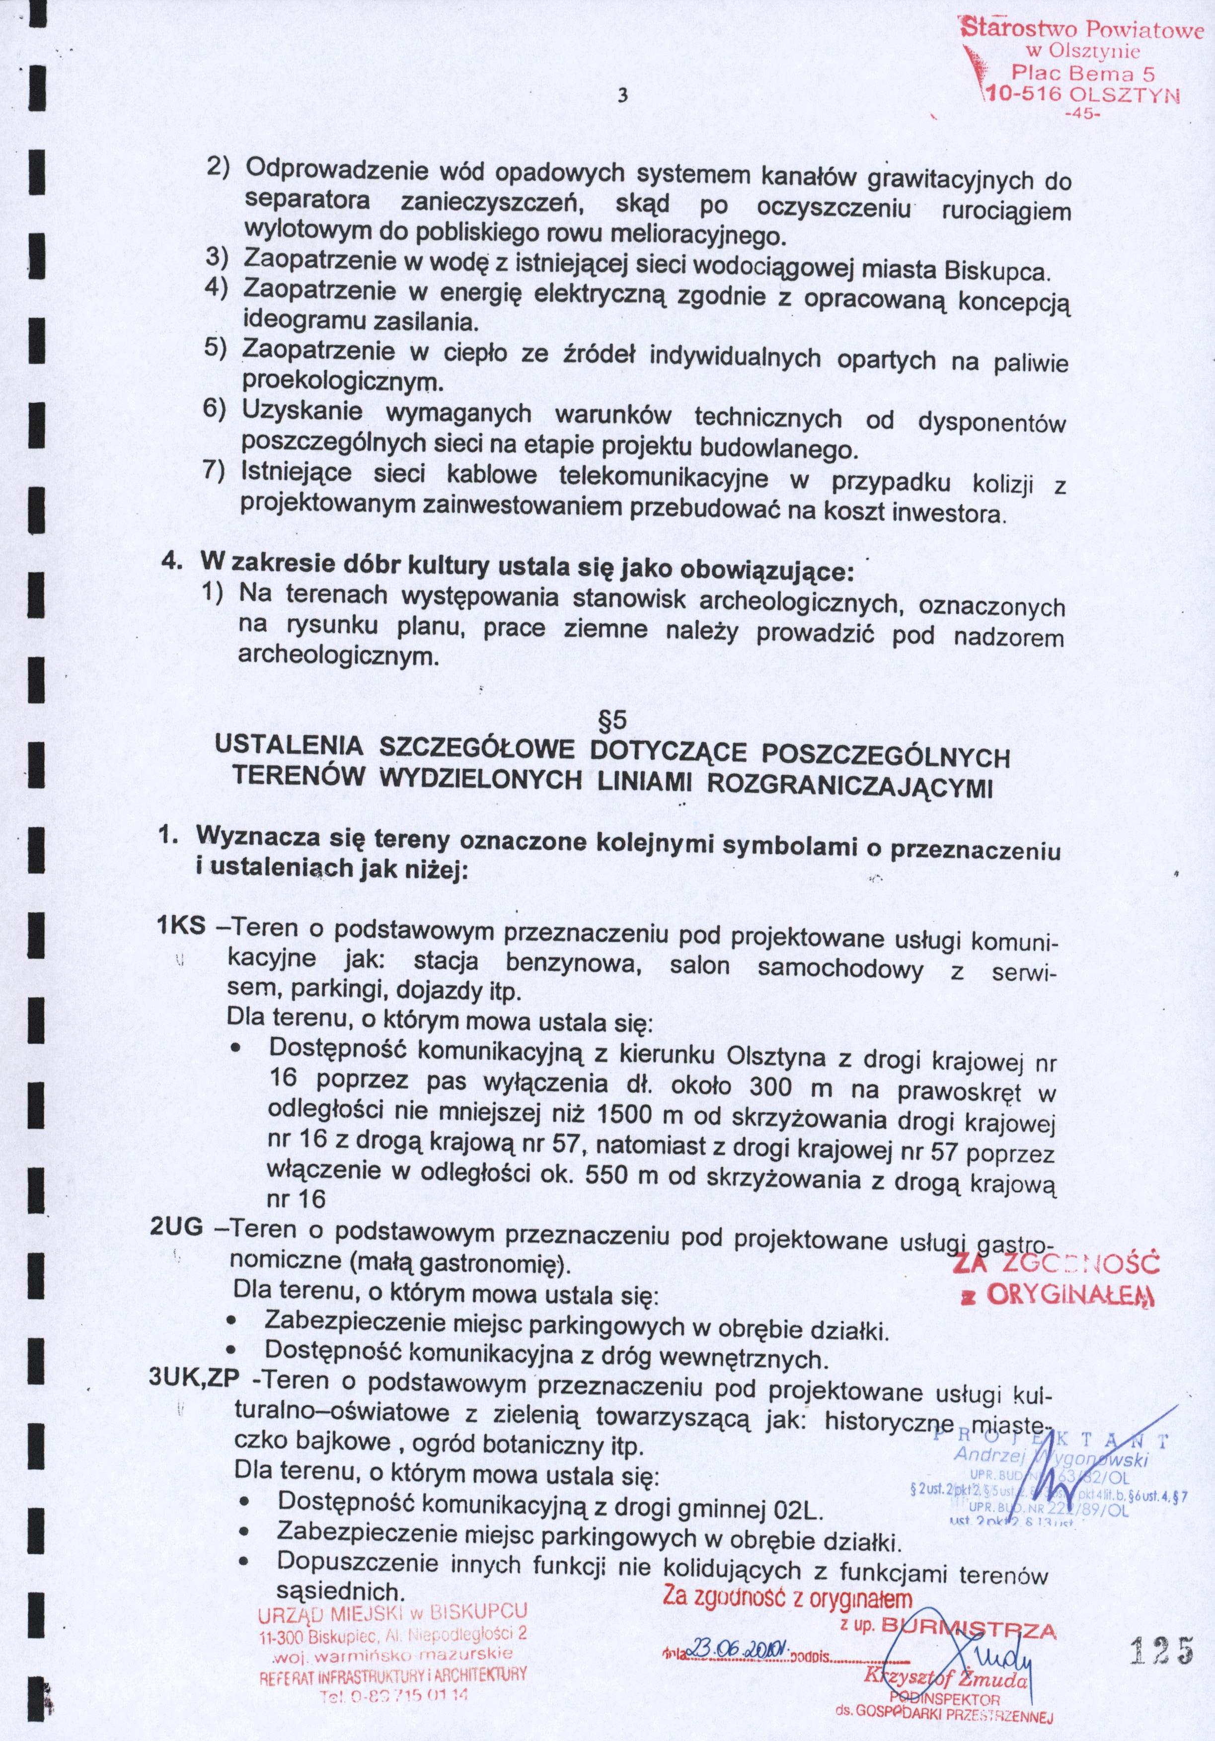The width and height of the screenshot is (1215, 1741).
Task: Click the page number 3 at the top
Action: pos(623,96)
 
